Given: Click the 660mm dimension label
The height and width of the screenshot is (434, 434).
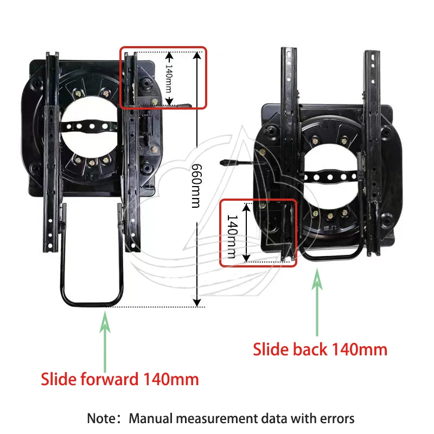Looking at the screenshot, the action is click(197, 186).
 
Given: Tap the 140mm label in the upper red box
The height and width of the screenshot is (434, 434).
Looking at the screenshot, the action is click(169, 79).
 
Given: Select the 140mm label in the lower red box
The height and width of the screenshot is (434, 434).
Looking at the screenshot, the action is click(232, 237).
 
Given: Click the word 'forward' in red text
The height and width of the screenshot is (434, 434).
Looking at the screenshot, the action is click(110, 379).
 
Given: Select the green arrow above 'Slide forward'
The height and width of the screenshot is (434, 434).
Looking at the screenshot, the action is click(105, 342).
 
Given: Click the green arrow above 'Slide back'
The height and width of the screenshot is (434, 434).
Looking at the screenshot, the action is click(317, 302).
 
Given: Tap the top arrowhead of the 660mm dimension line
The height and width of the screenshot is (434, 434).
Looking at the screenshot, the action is click(197, 56).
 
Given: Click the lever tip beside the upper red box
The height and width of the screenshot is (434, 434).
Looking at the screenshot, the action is click(184, 106).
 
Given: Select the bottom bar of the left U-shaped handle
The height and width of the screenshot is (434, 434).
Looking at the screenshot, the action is click(92, 304).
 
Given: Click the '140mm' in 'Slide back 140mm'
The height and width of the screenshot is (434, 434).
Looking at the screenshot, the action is click(359, 349).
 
